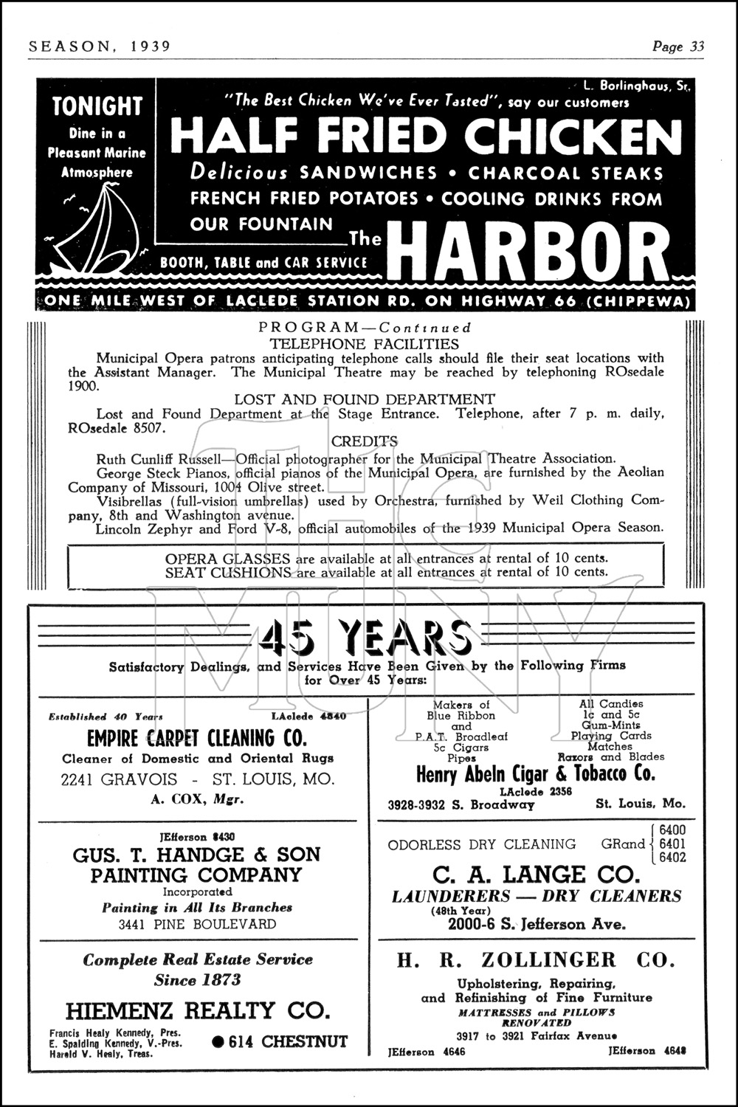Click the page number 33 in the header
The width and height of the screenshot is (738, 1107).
coord(697,46)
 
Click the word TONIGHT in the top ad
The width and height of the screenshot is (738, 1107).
coord(97,107)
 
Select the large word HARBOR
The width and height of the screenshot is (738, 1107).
coord(528,252)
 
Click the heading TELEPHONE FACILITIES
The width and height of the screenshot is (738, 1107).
coord(364,343)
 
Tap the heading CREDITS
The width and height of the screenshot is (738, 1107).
coord(365,441)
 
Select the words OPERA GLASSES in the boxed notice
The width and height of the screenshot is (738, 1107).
coord(228,558)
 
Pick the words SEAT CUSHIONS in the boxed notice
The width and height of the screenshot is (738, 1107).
coord(228,572)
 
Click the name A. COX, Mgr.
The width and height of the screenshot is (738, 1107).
coord(197,799)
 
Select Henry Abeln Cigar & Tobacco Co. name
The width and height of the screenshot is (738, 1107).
coord(535,774)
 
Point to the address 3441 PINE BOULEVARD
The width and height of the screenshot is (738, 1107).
coord(197,924)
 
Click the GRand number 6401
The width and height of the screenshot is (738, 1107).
coord(672,844)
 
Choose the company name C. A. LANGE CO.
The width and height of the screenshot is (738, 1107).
coord(536,875)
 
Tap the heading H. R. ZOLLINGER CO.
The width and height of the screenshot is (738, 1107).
coord(536,960)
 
